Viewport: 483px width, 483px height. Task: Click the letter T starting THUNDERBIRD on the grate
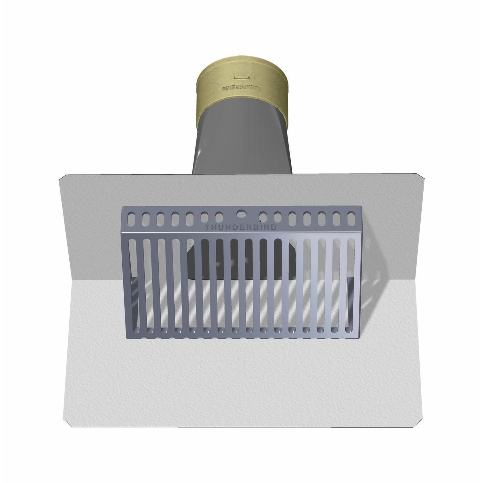point(207,227)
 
